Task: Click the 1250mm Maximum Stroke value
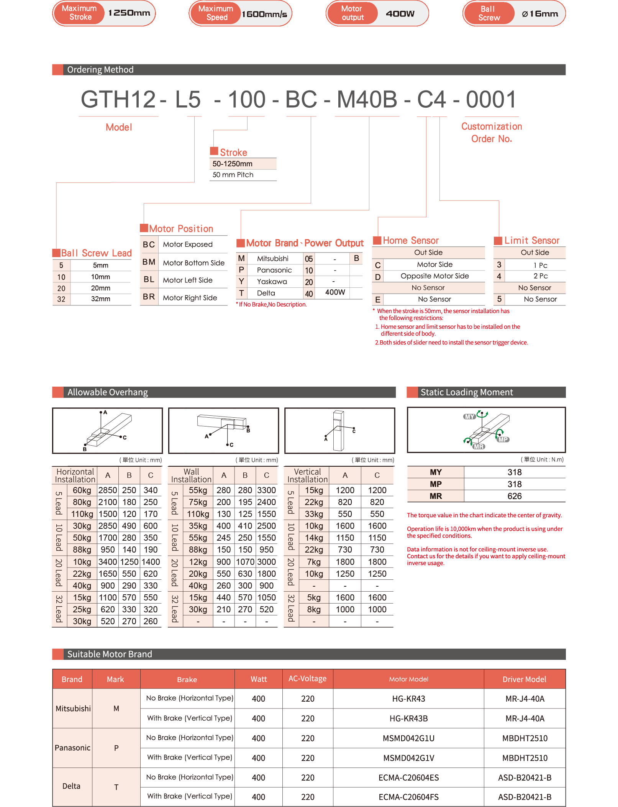pos(129,13)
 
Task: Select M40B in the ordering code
pos(367,100)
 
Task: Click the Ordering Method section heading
pos(100,70)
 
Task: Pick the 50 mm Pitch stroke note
pos(233,175)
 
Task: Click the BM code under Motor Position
pos(149,262)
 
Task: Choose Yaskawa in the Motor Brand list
pos(272,282)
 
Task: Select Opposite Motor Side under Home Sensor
pos(434,276)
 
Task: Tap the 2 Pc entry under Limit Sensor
pos(540,276)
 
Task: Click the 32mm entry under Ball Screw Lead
pos(100,299)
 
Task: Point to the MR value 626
pos(514,496)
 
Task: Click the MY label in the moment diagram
pos(469,417)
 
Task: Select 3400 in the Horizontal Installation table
pos(108,562)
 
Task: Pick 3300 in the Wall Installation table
pos(266,490)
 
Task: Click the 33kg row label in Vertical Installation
pos(314,514)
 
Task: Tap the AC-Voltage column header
pos(307,679)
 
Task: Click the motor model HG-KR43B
pos(408,718)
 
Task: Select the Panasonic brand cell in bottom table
pos(72,748)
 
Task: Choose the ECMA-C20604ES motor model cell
pos(408,777)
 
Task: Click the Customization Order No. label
pos(491,132)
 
